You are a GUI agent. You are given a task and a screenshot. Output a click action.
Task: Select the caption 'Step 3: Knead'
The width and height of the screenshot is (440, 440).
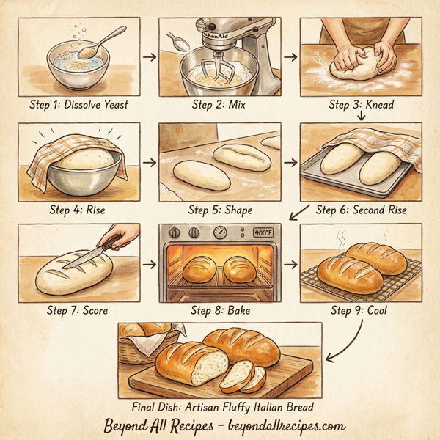coord(361,105)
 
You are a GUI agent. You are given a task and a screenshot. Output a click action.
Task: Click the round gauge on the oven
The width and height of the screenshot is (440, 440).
coord(220,232)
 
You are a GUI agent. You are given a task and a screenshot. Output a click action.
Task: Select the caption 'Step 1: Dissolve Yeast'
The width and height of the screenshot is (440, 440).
coord(79,105)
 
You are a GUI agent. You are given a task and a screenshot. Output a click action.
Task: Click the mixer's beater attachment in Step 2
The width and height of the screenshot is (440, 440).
coord(211,70)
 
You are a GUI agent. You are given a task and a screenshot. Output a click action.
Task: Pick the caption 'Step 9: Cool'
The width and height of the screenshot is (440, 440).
coord(359,310)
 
